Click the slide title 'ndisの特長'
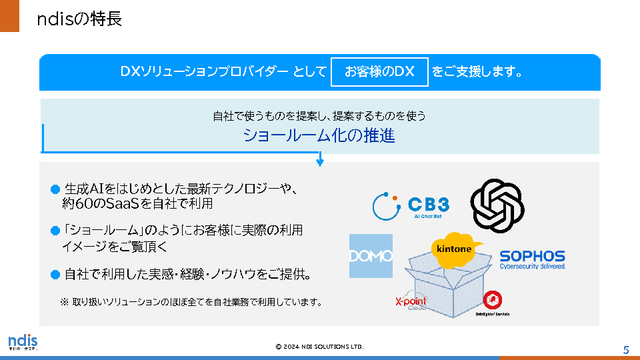pos(79,19)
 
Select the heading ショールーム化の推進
pos(319,136)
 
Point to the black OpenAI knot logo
pos(497,204)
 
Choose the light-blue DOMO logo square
pos(371,256)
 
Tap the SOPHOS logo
pos(532,259)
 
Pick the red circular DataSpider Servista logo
pos(492,300)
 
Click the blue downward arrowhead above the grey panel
pos(320,161)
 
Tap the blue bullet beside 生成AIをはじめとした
pos(55,190)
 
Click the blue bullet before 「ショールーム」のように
pos(55,231)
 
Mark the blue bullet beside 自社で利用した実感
pos(55,274)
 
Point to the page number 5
pos(626,350)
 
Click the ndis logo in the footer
pos(23,342)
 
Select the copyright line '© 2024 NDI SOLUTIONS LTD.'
pos(320,347)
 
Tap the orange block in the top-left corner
pos(9,16)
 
